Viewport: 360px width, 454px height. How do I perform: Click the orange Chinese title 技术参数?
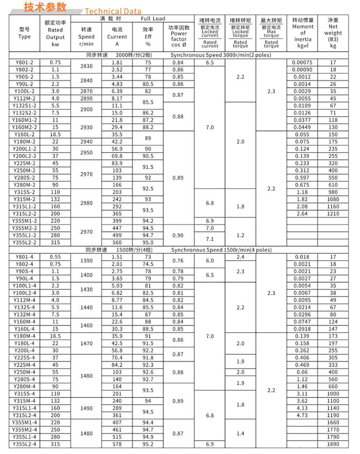click(x=45, y=7)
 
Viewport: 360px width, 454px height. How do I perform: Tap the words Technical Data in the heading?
click(x=113, y=11)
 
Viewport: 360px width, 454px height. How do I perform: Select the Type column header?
click(x=25, y=33)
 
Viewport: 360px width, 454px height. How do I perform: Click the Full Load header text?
click(x=153, y=19)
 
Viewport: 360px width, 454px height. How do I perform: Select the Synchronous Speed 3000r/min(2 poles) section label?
click(x=221, y=55)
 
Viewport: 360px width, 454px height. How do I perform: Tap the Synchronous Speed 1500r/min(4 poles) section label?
click(x=221, y=250)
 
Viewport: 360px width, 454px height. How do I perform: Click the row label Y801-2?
click(x=24, y=62)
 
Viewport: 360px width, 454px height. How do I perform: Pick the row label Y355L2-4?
click(x=24, y=444)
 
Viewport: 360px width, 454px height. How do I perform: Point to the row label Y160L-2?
click(x=24, y=135)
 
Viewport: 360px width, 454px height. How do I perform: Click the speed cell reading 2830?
click(x=86, y=66)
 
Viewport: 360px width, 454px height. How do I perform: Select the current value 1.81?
click(x=117, y=62)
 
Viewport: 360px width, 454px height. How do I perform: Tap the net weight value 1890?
click(x=333, y=444)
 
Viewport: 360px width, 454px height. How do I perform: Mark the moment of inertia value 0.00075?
click(x=302, y=62)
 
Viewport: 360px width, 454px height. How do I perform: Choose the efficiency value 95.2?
click(x=148, y=444)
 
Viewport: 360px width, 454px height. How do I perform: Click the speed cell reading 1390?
click(x=86, y=260)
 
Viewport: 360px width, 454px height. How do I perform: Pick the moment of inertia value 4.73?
click(x=302, y=415)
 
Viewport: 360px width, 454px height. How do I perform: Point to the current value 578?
click(x=117, y=444)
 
